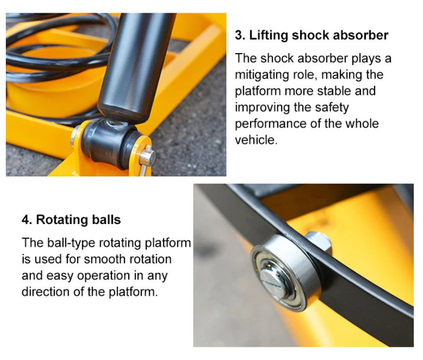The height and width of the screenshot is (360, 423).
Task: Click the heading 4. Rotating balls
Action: coord(71,220)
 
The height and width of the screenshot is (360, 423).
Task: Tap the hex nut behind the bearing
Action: coord(317,242)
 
